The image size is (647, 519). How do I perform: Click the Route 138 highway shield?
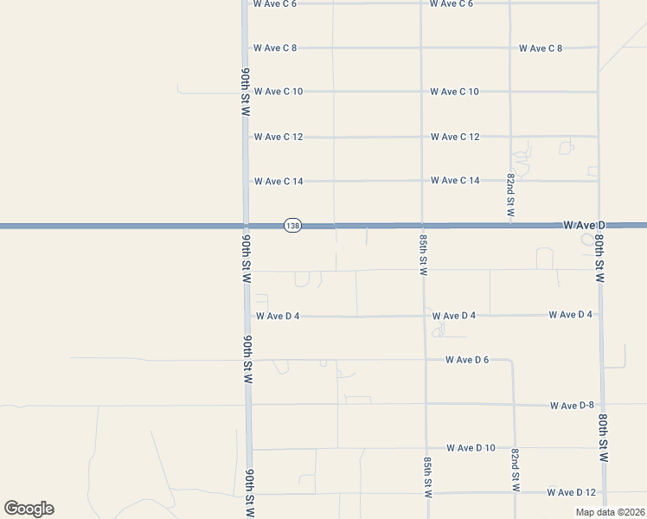coord(292,226)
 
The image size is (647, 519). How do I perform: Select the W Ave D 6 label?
coord(468,359)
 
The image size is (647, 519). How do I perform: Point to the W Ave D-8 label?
coord(573,405)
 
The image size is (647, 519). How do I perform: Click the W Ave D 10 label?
coord(471,447)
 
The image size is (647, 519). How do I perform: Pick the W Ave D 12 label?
coord(572,492)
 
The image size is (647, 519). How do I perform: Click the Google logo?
coord(29,509)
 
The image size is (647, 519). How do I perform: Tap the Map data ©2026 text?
coord(610,512)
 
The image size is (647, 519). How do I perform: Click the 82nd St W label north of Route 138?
coord(511,194)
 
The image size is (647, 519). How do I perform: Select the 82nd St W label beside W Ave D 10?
coord(516,470)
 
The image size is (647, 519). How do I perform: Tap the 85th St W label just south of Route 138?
coord(424,253)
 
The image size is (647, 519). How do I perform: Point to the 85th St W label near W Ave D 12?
coord(427,477)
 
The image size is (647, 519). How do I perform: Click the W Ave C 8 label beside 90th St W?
coord(276,48)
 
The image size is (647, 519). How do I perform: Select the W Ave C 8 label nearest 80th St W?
coord(541,48)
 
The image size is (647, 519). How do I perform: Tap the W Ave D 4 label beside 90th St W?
coord(278,316)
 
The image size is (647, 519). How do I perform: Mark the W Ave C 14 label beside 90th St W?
coord(279,182)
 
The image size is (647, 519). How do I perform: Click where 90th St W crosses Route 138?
coord(246,226)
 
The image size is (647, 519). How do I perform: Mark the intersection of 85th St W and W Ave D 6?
coord(425,359)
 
